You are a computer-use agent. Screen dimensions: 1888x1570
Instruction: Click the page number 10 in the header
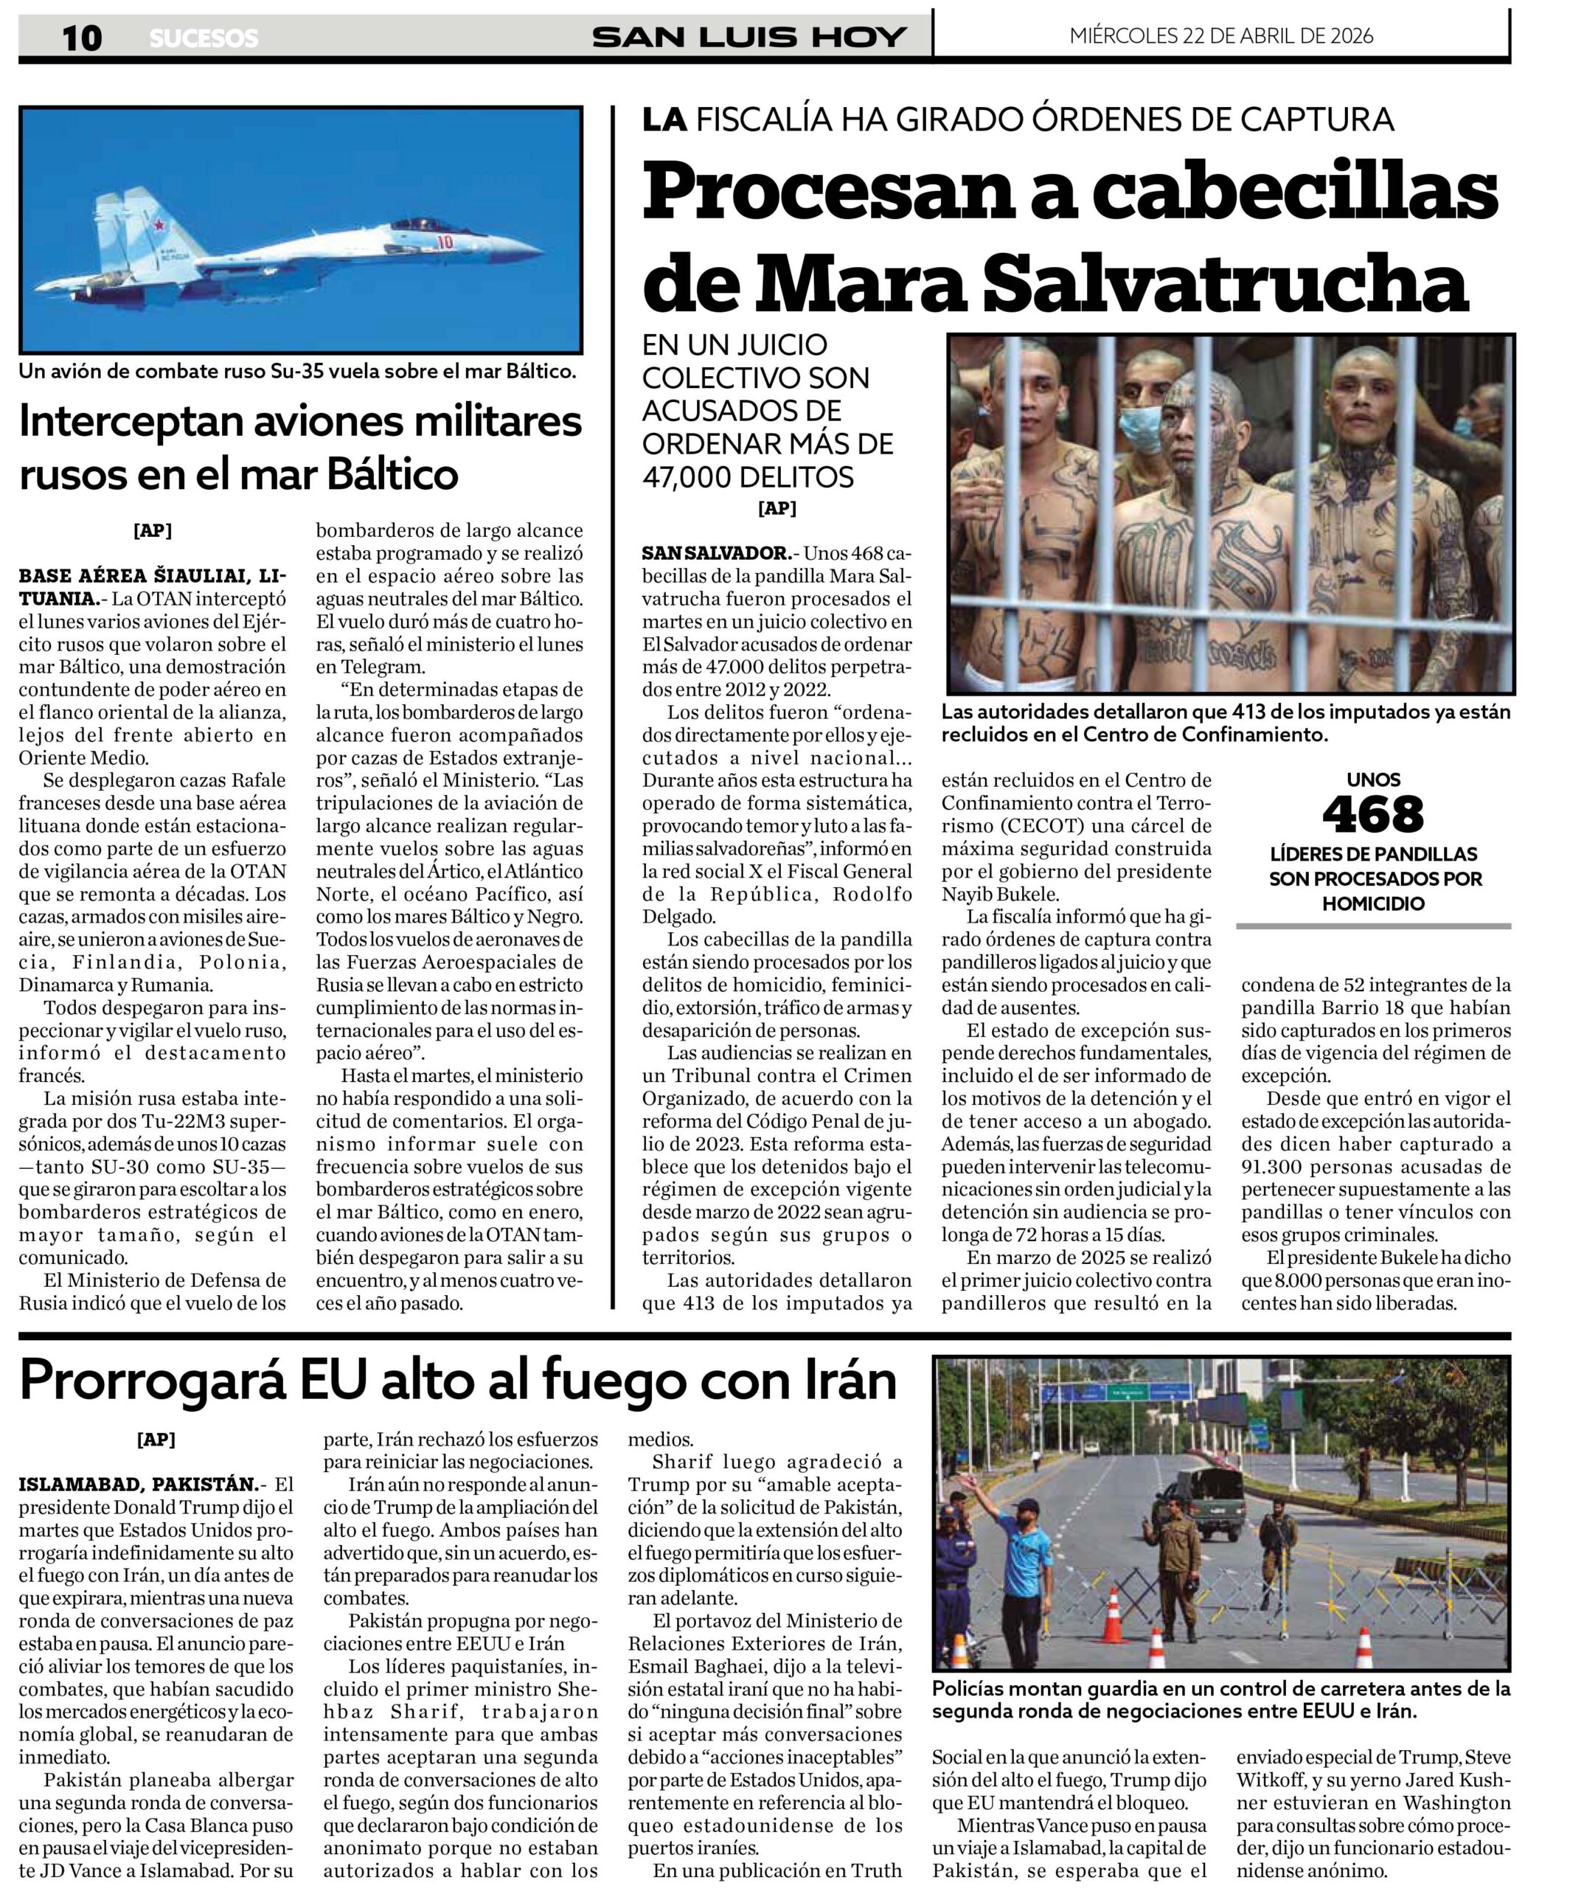click(82, 38)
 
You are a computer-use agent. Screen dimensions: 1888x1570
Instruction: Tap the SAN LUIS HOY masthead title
click(749, 37)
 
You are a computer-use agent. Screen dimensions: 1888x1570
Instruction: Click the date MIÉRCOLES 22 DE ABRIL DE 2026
click(1221, 36)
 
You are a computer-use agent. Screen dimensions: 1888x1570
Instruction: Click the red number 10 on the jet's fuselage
click(443, 242)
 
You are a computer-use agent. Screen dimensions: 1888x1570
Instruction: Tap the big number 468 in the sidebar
click(1373, 814)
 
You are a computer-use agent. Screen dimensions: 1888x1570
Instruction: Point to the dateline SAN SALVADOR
click(715, 552)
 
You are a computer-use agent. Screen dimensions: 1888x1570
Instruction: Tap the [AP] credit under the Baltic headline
click(152, 530)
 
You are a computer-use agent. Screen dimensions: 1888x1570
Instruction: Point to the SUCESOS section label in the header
click(204, 38)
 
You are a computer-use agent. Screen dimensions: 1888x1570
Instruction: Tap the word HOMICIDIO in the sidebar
click(1373, 903)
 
